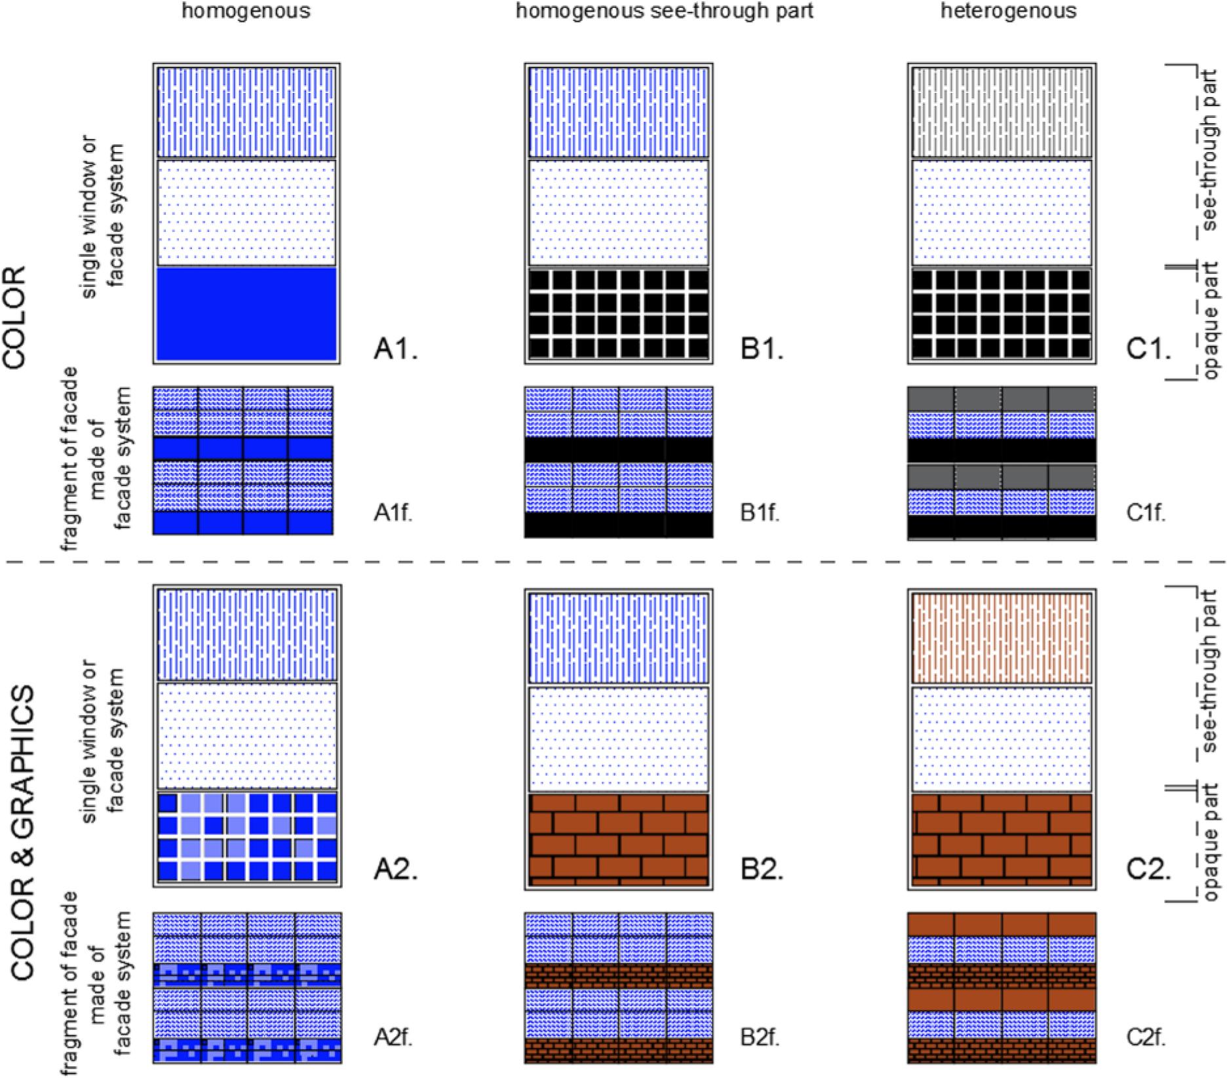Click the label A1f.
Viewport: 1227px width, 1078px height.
393,513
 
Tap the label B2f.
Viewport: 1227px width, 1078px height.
760,1037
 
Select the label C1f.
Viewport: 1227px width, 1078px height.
1146,513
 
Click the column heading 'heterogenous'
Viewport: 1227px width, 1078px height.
1008,11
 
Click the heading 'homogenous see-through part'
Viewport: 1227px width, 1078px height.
665,11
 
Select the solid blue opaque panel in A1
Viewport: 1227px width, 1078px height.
246,314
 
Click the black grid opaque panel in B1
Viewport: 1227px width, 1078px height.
618,314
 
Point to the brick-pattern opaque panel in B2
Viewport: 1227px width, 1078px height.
618,839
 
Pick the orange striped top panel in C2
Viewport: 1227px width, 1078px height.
1002,637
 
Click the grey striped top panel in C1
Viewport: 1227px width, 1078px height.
1002,111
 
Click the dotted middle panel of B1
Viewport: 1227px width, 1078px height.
618,212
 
